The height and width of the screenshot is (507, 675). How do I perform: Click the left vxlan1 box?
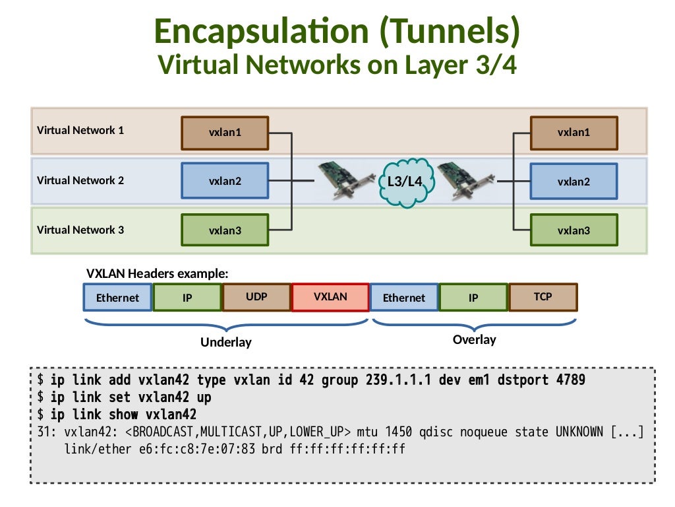pyautogui.click(x=225, y=133)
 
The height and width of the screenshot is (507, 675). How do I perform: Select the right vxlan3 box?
pyautogui.click(x=573, y=230)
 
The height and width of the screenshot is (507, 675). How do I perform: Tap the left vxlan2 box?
pyautogui.click(x=225, y=181)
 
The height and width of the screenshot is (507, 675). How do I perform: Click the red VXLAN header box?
pyautogui.click(x=330, y=297)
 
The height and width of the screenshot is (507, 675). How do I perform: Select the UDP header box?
pyautogui.click(x=256, y=297)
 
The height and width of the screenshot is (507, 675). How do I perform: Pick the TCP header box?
pyautogui.click(x=543, y=297)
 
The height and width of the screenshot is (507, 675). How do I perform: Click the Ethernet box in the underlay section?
pyautogui.click(x=117, y=298)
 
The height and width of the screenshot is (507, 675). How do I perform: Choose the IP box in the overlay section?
pyautogui.click(x=473, y=298)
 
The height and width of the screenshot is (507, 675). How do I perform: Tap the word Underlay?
pyautogui.click(x=226, y=343)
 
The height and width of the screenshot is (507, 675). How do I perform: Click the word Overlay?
pyautogui.click(x=474, y=340)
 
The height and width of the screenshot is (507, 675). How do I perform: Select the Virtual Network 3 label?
pyautogui.click(x=80, y=230)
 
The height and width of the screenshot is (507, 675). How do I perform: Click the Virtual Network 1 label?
pyautogui.click(x=80, y=130)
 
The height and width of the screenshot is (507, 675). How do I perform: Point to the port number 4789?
pyautogui.click(x=570, y=380)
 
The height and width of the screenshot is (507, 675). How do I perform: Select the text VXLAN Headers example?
pyautogui.click(x=158, y=273)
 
